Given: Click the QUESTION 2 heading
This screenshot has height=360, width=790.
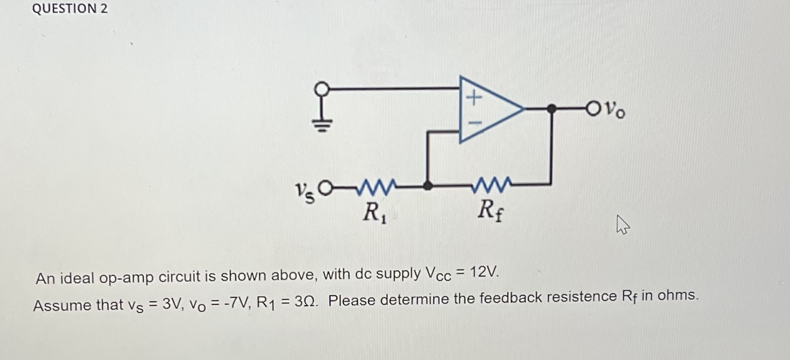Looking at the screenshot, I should (70, 9).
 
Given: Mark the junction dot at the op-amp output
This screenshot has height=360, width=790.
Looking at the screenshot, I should (551, 109).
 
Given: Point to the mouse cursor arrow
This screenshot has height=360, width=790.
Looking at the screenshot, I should (622, 224).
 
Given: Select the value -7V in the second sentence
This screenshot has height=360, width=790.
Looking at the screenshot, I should (222, 303).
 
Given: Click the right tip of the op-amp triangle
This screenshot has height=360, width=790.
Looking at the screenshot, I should (524, 109).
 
